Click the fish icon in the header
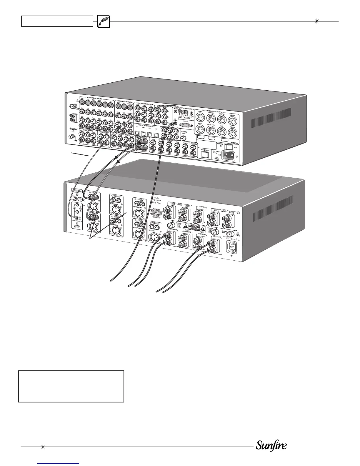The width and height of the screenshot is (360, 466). click(103, 21)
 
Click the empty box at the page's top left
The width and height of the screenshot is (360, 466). click(57, 21)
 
